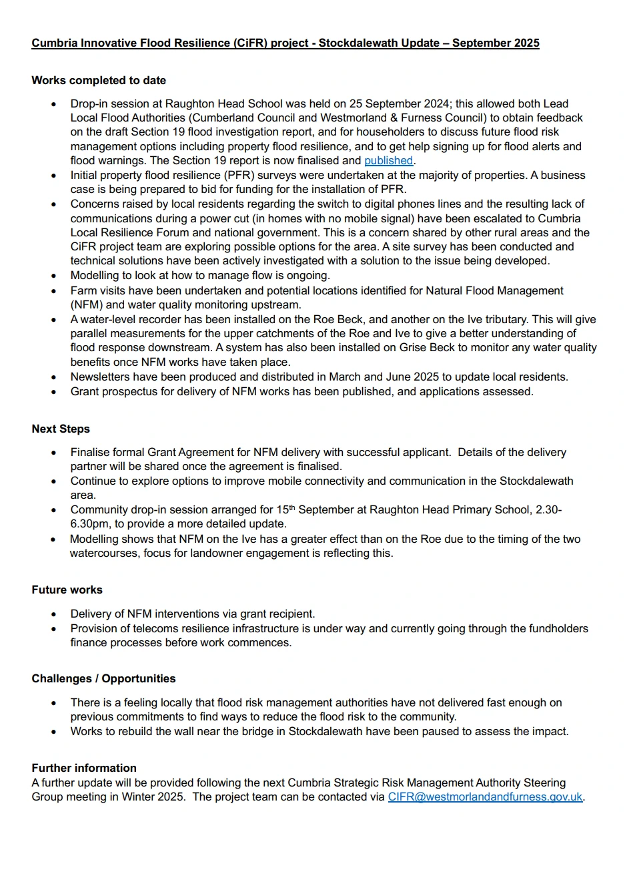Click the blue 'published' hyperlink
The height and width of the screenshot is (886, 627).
click(388, 161)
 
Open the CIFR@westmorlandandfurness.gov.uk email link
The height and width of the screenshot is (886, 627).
click(485, 797)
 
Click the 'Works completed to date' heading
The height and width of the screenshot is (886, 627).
click(99, 81)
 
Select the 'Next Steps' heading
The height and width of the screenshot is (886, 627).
click(61, 429)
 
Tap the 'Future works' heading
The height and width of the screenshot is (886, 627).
click(67, 590)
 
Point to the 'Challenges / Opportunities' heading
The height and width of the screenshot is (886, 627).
click(103, 679)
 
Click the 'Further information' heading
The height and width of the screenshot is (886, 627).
click(84, 768)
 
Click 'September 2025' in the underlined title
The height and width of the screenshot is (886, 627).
click(496, 43)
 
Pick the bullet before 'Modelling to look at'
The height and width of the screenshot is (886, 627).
click(54, 276)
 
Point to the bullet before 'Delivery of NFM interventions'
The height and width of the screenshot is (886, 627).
click(54, 614)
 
